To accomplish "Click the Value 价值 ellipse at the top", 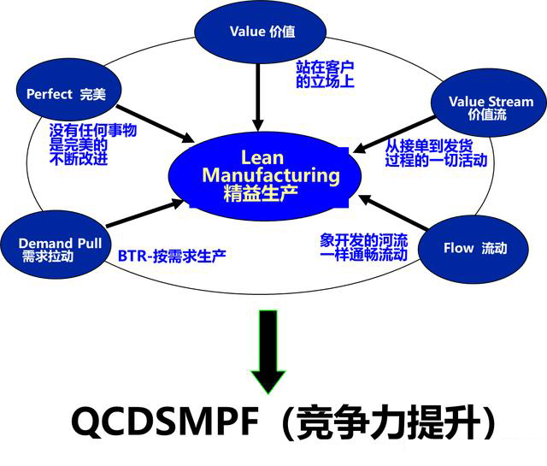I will point(261,32).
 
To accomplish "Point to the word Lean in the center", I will point(262,157).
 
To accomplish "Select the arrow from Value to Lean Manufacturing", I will point(259,92).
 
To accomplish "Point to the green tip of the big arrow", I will point(268,382).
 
